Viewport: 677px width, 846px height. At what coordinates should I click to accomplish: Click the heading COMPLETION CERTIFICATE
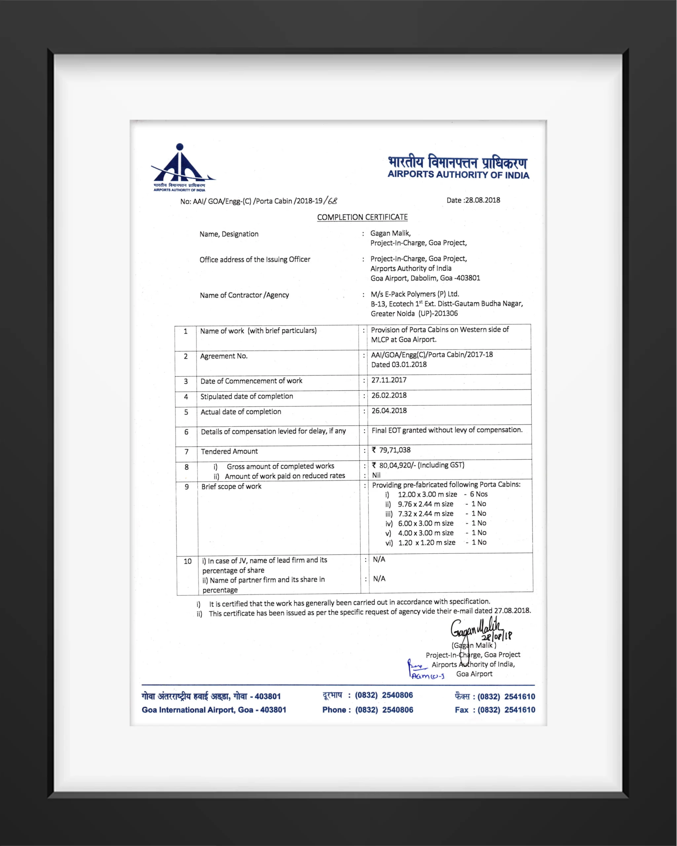click(362, 217)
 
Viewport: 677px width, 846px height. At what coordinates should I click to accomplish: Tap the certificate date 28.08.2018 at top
click(482, 200)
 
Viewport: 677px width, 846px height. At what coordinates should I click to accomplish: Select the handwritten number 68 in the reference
click(332, 201)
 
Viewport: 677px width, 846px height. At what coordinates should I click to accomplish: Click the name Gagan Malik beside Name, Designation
click(390, 233)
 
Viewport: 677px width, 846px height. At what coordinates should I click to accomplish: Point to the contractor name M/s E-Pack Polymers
click(415, 294)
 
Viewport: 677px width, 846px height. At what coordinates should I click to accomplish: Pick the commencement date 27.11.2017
click(389, 380)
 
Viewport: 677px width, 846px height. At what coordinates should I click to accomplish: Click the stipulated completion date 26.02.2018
click(389, 395)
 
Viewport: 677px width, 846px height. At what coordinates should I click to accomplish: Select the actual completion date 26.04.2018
click(389, 410)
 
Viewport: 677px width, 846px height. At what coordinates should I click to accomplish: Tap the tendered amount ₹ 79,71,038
click(391, 450)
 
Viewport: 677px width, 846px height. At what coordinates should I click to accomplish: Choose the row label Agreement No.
click(224, 356)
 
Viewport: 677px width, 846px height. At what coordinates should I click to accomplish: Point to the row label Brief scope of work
click(231, 486)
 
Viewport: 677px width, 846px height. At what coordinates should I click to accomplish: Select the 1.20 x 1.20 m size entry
click(427, 542)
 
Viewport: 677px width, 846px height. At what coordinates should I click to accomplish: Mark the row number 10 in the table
click(187, 561)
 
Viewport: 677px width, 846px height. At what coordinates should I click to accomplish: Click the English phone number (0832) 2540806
click(384, 710)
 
